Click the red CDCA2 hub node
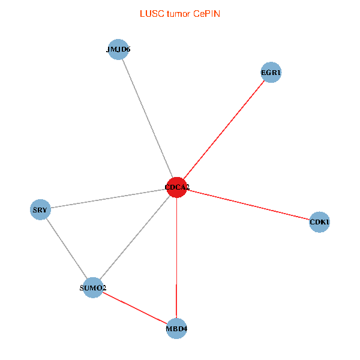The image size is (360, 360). point(176,187)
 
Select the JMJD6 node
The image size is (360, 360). point(118,50)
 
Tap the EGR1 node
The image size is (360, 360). point(271,73)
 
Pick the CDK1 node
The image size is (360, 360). point(319,222)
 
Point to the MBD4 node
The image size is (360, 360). point(176,328)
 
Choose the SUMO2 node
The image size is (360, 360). point(93,288)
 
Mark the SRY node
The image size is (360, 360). point(40,210)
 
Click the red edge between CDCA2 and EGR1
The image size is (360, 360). point(224,130)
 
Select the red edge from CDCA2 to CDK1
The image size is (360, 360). point(248,205)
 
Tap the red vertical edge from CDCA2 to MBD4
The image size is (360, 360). point(176,258)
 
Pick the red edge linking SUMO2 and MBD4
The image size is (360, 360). point(135,308)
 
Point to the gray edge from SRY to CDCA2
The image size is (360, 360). point(108,199)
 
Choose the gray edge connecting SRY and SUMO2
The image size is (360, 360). point(66,249)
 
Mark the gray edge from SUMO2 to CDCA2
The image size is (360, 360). point(135,238)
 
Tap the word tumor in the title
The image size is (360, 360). point(178,13)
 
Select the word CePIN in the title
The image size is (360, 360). point(206,13)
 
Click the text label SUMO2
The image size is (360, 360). point(93,289)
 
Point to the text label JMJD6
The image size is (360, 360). point(118,50)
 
